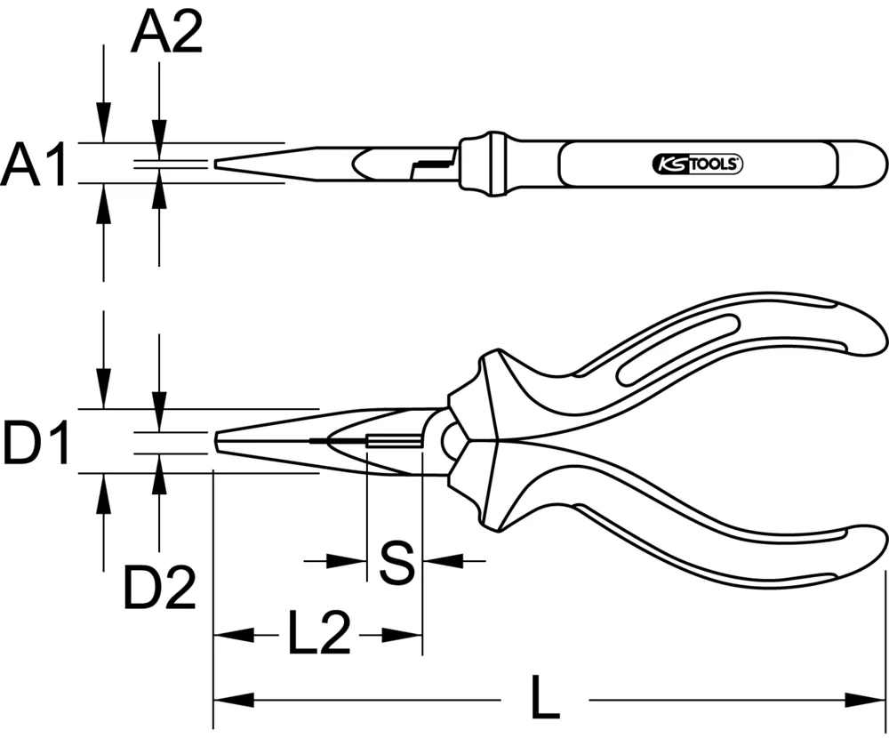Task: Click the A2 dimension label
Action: click(166, 36)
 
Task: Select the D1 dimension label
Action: click(36, 444)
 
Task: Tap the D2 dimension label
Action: click(159, 588)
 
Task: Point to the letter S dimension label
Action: click(396, 562)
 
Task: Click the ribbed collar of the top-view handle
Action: click(485, 163)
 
